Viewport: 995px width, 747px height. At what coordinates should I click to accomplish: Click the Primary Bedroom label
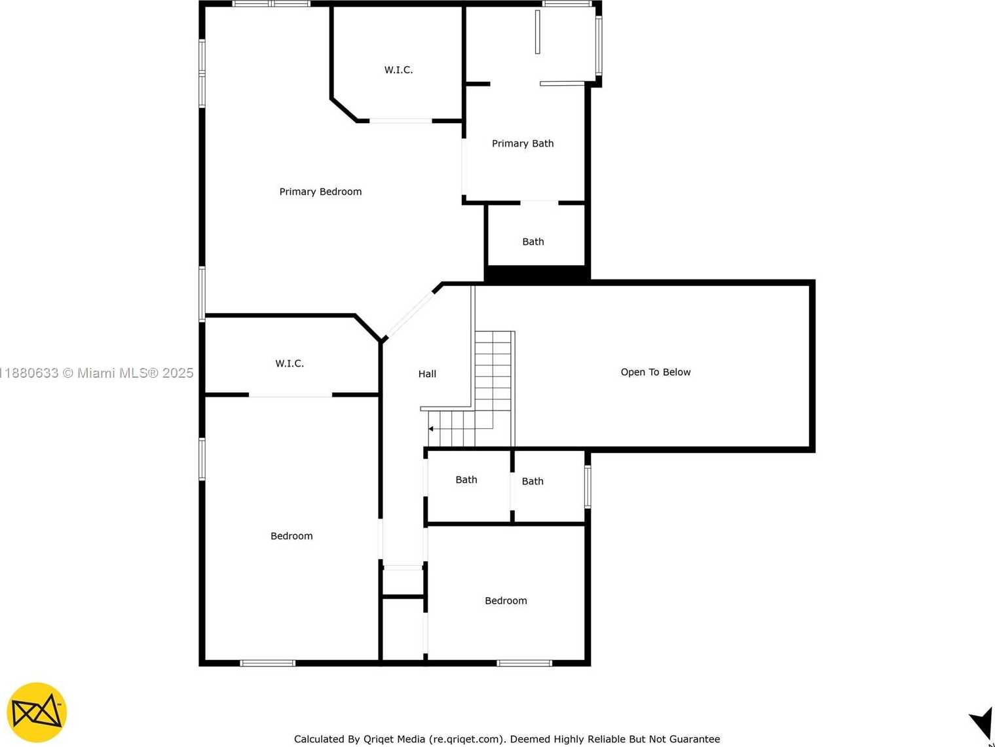click(320, 192)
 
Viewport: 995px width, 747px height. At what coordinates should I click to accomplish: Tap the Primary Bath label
click(523, 143)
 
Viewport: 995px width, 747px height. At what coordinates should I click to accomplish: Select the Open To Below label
click(656, 372)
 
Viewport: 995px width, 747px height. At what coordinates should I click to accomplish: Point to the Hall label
click(427, 374)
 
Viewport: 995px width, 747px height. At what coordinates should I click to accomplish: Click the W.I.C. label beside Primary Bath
click(398, 70)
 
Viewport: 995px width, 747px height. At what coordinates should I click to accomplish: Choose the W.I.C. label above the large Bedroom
click(290, 363)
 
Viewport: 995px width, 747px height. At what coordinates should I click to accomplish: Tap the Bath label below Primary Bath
click(533, 242)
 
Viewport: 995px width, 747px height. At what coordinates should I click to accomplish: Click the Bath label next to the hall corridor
click(466, 479)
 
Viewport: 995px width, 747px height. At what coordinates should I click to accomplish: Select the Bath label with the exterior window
click(533, 481)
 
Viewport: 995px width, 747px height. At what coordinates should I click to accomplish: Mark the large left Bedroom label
click(291, 536)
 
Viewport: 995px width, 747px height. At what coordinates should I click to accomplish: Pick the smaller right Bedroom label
click(506, 601)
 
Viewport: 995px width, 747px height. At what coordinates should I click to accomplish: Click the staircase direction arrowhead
click(431, 429)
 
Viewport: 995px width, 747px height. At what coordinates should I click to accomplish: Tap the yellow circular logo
click(37, 712)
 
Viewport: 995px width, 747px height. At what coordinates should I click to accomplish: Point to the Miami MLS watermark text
click(96, 373)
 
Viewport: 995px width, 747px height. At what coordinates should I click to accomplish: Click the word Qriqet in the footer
click(378, 739)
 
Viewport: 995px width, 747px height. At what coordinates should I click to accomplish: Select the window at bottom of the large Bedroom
click(268, 663)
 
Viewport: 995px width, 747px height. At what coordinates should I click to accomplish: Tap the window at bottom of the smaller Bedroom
click(525, 663)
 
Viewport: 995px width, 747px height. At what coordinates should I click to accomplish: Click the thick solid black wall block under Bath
click(536, 273)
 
